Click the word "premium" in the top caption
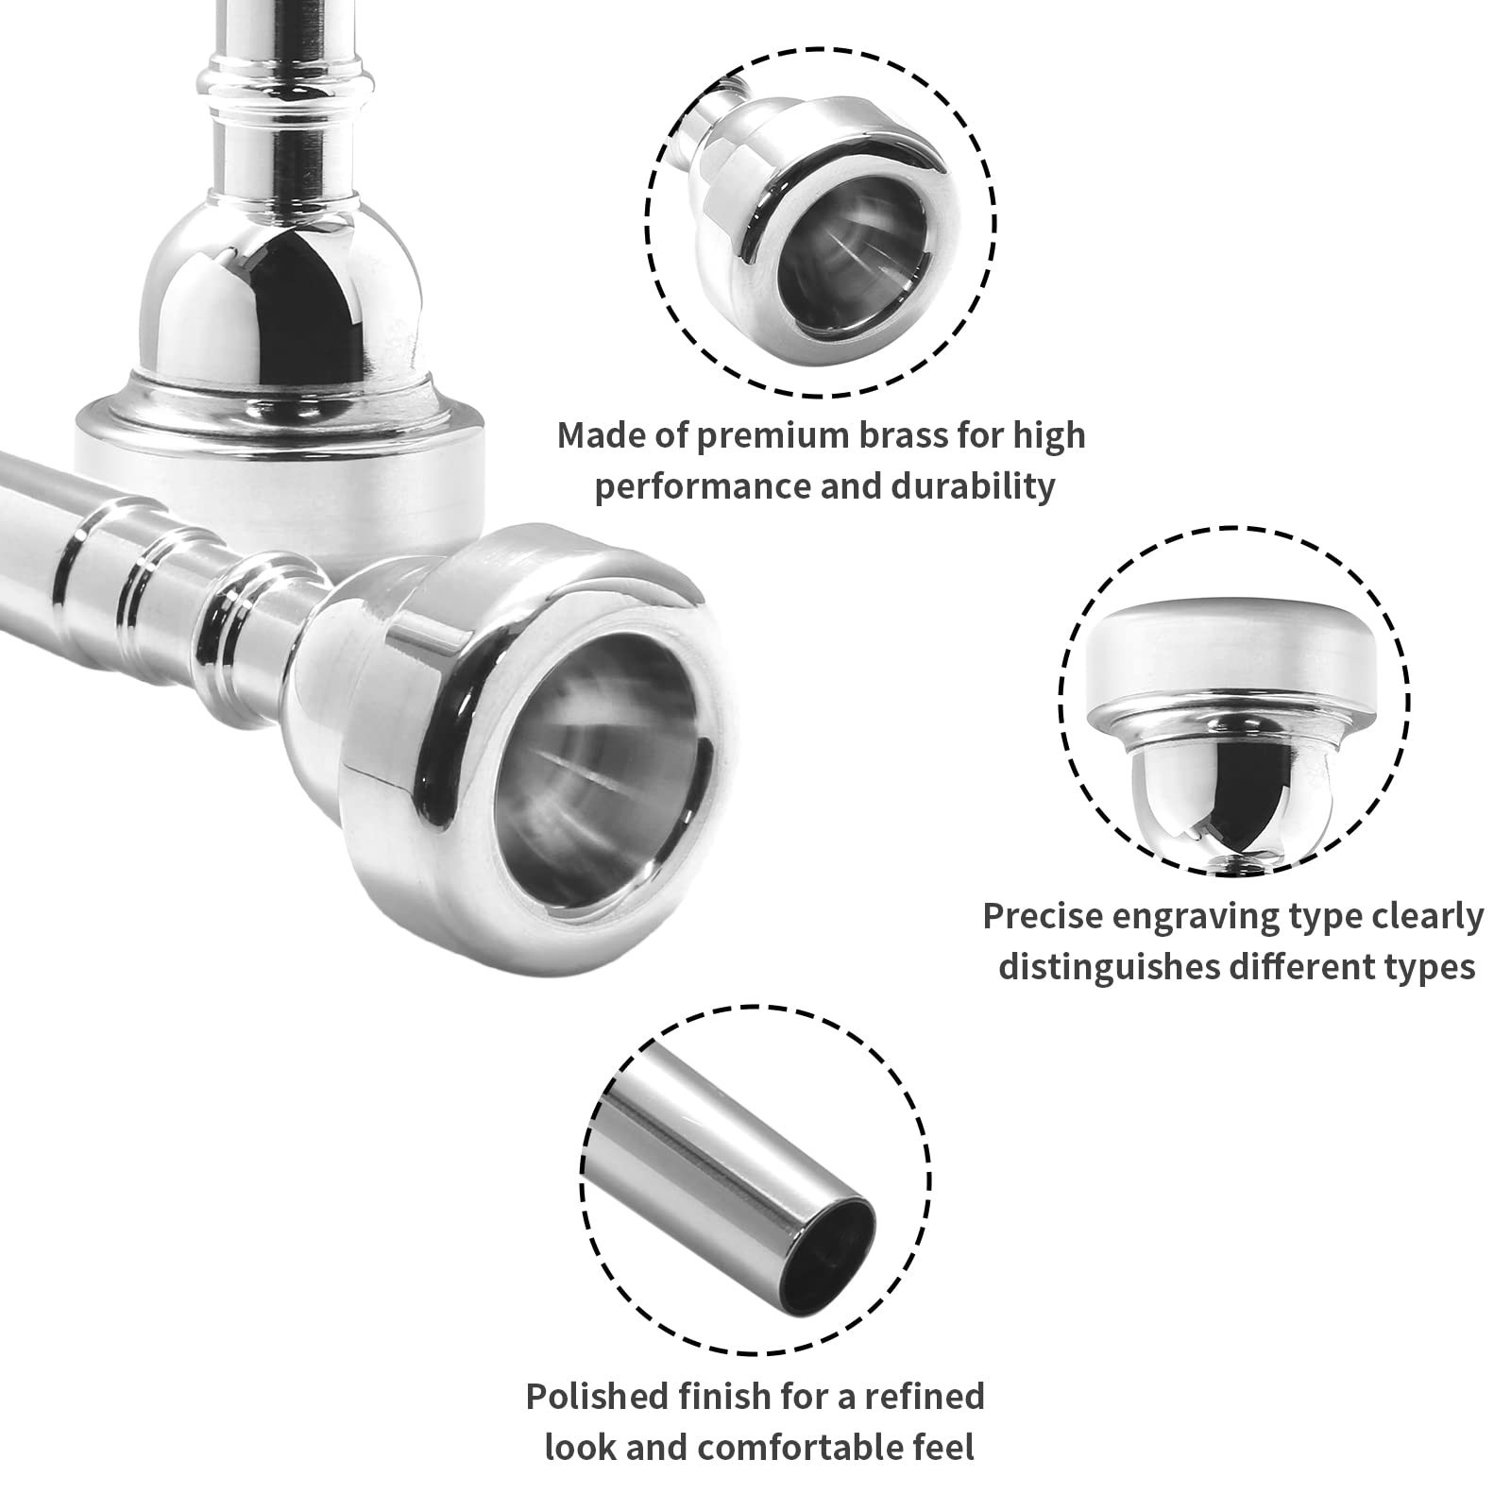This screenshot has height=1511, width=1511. [x=762, y=436]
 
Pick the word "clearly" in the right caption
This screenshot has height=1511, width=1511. [x=1418, y=916]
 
